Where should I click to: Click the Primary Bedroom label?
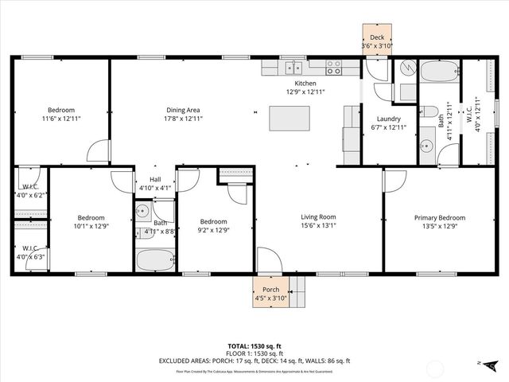[x=439, y=217]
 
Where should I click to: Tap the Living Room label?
[x=318, y=216]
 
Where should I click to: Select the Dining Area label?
[x=183, y=110]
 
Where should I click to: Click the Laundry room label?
[x=388, y=119]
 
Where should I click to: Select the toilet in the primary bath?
[x=429, y=111]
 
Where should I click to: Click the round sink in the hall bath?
[x=142, y=212]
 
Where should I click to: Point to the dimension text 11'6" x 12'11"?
[x=60, y=119]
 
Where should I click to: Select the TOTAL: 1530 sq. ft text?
[x=254, y=347]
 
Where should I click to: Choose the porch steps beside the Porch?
[x=297, y=292]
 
